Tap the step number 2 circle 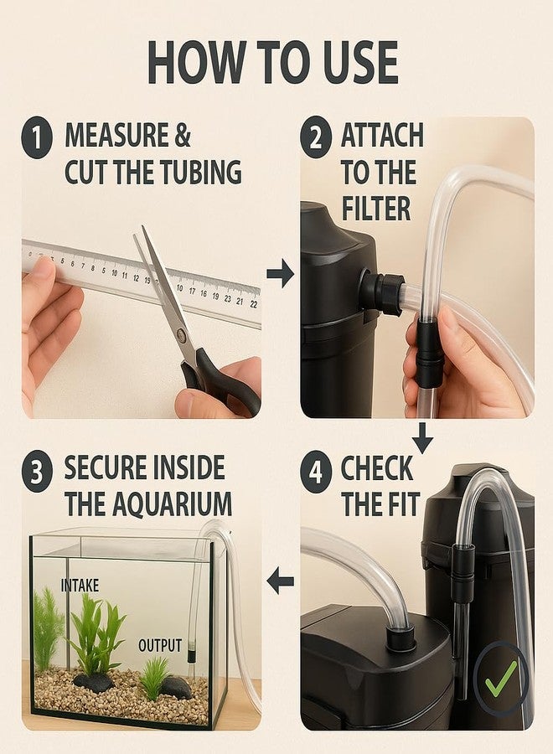(x=316, y=137)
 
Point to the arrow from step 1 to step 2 (x=281, y=274)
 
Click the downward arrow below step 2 (x=422, y=437)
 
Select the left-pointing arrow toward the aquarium (x=281, y=581)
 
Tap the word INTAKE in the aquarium (x=80, y=586)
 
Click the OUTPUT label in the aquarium (x=160, y=645)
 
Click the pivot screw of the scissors (x=182, y=334)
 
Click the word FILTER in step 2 (x=376, y=209)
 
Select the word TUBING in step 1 (x=201, y=172)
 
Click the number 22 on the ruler (x=253, y=304)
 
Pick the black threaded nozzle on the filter (x=383, y=292)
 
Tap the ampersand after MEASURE (x=183, y=136)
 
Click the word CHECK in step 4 (x=377, y=467)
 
